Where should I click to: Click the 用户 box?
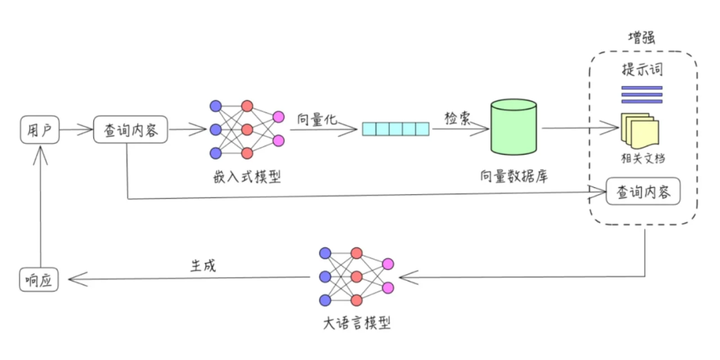coord(39,131)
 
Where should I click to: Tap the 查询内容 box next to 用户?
coord(129,131)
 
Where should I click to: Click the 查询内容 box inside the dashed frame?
coord(643,192)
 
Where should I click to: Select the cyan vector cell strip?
coord(396,129)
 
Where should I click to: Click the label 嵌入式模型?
coord(247,177)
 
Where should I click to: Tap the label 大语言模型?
coord(356,324)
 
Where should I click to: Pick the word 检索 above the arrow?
coord(458,117)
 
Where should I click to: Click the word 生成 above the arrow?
coord(203,265)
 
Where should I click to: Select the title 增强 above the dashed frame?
coord(641,38)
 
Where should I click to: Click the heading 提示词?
coord(641,70)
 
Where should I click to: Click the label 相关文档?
coord(641,159)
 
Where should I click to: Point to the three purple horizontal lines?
coord(641,95)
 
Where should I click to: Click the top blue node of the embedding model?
coord(215,106)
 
